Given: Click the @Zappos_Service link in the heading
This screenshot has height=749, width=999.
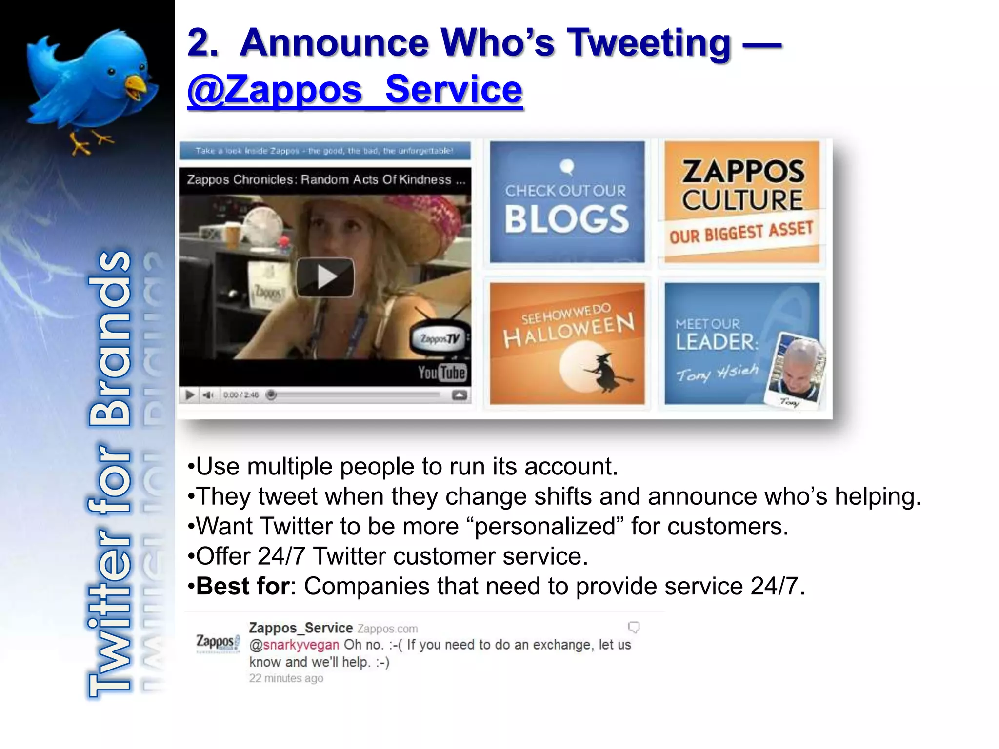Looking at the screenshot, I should tap(355, 90).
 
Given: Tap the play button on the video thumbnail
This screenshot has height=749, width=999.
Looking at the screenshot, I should tap(325, 277).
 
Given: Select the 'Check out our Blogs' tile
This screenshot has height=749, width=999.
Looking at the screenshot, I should tap(567, 202).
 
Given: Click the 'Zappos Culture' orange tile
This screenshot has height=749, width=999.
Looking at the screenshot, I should tap(742, 201).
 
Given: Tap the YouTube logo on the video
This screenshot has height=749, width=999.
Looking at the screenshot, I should tap(442, 373).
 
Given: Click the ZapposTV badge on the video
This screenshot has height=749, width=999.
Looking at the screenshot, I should tap(439, 338).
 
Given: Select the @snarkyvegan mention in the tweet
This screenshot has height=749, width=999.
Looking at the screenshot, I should tap(294, 645).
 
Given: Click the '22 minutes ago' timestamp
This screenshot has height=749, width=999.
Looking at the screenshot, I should tap(286, 678).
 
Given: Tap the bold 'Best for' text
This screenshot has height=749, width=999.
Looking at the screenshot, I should tap(243, 586).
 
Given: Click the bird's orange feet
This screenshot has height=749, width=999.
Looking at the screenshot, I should tap(90, 143).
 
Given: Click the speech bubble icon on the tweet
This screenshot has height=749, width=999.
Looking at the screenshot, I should tap(633, 627).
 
